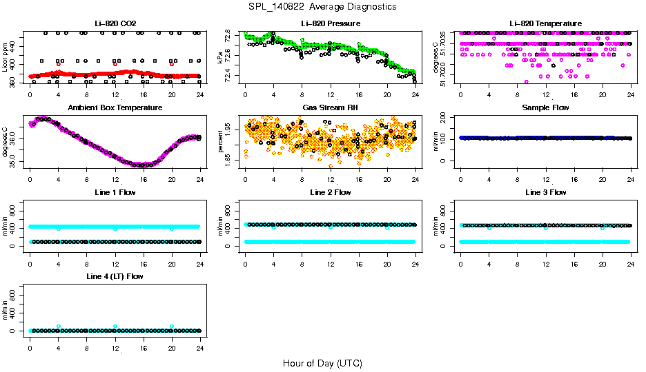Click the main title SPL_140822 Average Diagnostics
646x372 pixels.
pos(323,6)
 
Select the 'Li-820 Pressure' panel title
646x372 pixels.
pos(331,24)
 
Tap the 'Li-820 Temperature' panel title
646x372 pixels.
pos(546,24)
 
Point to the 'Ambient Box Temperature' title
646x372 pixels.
pos(115,108)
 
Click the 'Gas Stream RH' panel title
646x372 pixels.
pos(331,108)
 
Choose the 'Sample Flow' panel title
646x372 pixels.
pos(546,108)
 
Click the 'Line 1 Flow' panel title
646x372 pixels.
pos(115,192)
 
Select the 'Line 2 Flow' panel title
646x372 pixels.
pos(331,192)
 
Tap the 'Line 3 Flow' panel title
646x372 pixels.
pos(546,192)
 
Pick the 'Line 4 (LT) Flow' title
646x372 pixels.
pos(115,276)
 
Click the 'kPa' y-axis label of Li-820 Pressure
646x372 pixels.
pos(221,57)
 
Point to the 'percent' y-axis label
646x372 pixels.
pos(221,141)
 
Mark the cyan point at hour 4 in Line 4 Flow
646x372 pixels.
pos(59,327)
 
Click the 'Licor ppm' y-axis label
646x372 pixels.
pos(6,57)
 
